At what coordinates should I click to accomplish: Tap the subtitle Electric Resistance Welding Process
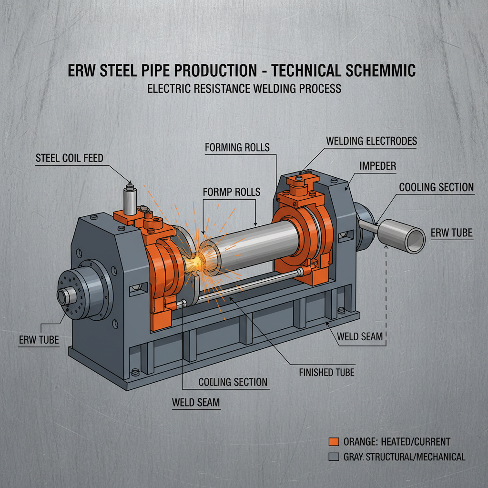click(244, 89)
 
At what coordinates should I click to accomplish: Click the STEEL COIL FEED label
click(69, 158)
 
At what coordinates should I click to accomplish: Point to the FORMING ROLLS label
click(237, 147)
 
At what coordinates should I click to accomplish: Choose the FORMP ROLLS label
click(232, 192)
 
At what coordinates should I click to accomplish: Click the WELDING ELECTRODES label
click(371, 141)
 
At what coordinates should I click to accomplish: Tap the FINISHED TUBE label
click(326, 372)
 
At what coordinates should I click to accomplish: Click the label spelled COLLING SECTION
click(233, 382)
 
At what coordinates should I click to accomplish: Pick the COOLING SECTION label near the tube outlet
click(436, 187)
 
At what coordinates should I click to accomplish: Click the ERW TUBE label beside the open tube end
click(451, 233)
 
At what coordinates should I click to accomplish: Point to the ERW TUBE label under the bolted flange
click(39, 340)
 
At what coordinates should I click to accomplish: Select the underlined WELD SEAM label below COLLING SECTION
click(196, 403)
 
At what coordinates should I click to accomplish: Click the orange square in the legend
click(334, 441)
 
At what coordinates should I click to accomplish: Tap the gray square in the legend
click(334, 457)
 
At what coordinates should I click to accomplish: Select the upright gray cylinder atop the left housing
click(129, 201)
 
